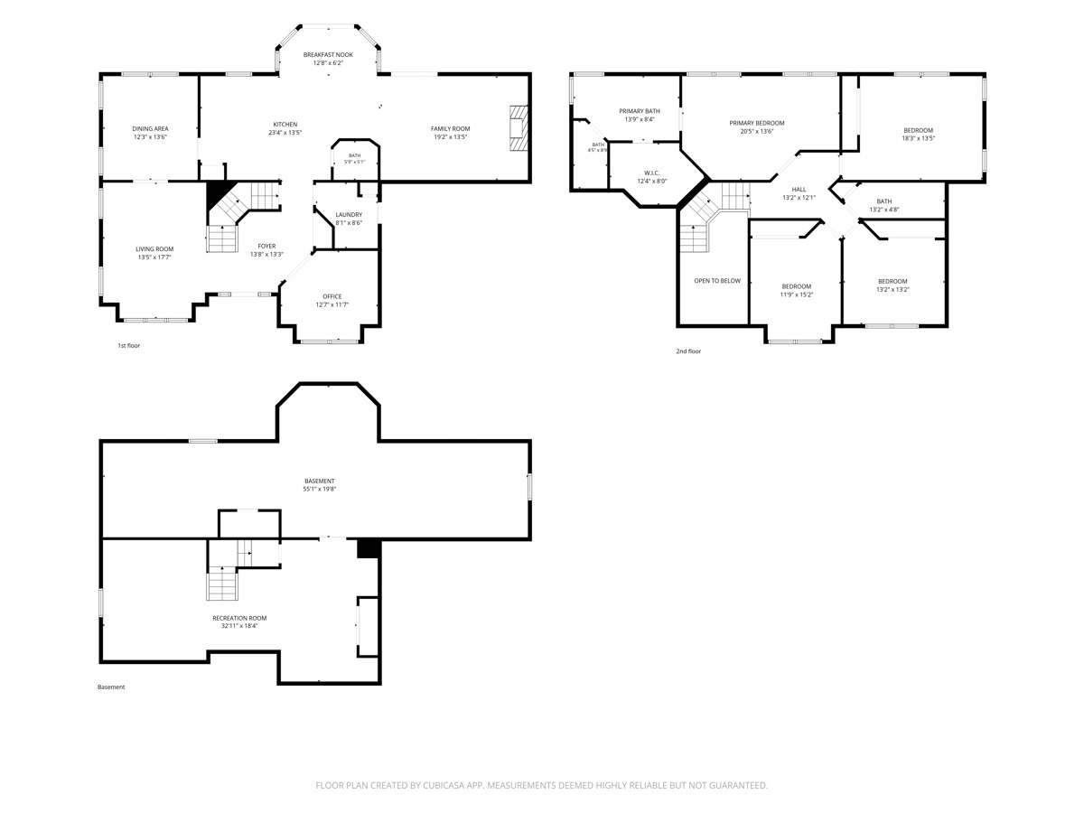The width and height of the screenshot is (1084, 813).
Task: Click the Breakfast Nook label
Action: [x=328, y=55]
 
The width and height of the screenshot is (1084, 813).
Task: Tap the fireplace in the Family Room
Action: [x=519, y=128]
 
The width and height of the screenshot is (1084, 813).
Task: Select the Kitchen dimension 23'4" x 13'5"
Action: [x=285, y=132]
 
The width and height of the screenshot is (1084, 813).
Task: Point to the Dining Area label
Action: [x=150, y=129]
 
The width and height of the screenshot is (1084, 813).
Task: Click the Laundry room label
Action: [x=349, y=215]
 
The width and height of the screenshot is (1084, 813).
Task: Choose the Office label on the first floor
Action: [x=332, y=296]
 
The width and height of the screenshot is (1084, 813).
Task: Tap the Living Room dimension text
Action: [x=154, y=257]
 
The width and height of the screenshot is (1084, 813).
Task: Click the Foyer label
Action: [x=266, y=247]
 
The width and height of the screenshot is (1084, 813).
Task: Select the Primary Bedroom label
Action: [x=757, y=123]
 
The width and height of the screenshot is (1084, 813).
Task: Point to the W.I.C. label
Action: [x=652, y=173]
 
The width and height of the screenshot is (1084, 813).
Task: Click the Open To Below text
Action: [x=717, y=281]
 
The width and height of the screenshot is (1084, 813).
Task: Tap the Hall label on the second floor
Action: [x=799, y=190]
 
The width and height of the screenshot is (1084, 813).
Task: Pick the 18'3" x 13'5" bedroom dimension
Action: [x=918, y=138]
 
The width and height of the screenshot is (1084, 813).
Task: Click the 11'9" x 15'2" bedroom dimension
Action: [x=796, y=294]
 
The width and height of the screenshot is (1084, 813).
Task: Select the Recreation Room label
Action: [x=239, y=618]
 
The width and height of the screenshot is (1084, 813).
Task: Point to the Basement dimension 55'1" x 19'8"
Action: [x=320, y=490]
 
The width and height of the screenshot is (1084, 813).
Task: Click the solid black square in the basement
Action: [x=368, y=549]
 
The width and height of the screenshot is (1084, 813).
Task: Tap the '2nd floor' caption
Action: [x=688, y=351]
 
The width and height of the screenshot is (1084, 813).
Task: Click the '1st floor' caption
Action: [x=129, y=346]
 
